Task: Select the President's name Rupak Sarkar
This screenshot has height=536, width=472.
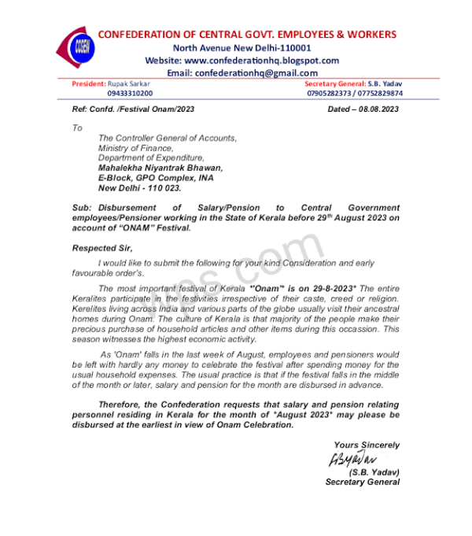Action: tap(129, 83)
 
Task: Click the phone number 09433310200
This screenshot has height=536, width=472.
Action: tap(131, 93)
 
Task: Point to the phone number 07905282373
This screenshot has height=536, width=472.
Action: tap(330, 93)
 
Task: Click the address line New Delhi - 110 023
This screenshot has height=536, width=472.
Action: tap(139, 188)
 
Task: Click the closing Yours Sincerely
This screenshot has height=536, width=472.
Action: tap(366, 445)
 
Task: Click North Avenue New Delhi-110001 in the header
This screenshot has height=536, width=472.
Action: tap(242, 48)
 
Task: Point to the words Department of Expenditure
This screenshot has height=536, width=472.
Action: tap(151, 157)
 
